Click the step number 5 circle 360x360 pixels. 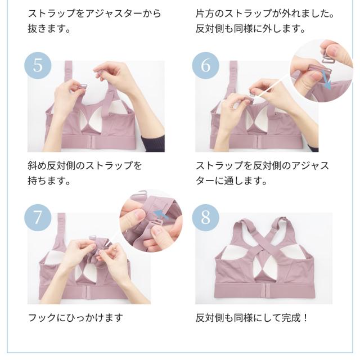[38, 65]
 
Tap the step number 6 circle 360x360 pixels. [205, 65]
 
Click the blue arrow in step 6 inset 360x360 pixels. [326, 82]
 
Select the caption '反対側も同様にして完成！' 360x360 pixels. [252, 317]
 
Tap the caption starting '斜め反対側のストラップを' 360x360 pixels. [84, 166]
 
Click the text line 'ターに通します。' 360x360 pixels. [231, 182]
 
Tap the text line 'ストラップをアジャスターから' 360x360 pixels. [94, 12]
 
